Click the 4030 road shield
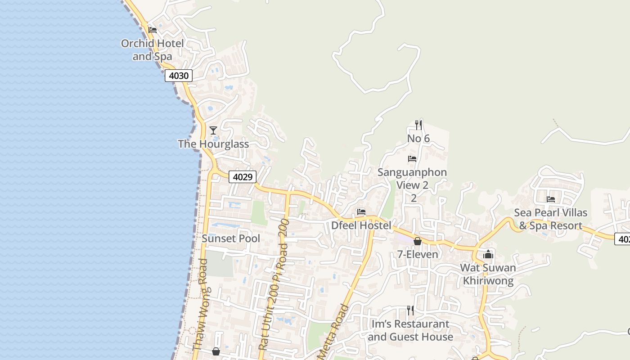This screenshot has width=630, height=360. pyautogui.click(x=179, y=76)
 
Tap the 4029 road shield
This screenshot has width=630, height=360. pyautogui.click(x=243, y=177)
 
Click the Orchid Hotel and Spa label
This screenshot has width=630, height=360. pyautogui.click(x=153, y=50)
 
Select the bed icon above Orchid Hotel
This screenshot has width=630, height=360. pyautogui.click(x=153, y=30)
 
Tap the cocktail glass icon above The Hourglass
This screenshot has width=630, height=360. pyautogui.click(x=213, y=130)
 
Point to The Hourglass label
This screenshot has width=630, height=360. pyautogui.click(x=213, y=144)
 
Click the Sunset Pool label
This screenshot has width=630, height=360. pyautogui.click(x=231, y=238)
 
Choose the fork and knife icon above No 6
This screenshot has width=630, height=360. pyautogui.click(x=418, y=125)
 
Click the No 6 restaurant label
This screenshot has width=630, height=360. pyautogui.click(x=418, y=139)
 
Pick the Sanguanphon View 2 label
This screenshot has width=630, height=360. pyautogui.click(x=412, y=179)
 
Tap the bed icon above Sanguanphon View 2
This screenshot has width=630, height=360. pyautogui.click(x=412, y=158)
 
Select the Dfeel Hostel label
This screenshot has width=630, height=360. pyautogui.click(x=361, y=225)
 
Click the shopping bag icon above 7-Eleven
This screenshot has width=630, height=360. pyautogui.click(x=418, y=241)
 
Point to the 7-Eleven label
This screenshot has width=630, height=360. pyautogui.click(x=418, y=254)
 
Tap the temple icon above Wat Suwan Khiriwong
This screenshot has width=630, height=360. pyautogui.click(x=488, y=254)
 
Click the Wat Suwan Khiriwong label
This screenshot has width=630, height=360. pyautogui.click(x=488, y=274)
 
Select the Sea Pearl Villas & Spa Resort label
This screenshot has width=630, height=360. pyautogui.click(x=551, y=219)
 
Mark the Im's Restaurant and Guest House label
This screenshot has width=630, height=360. pyautogui.click(x=410, y=330)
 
